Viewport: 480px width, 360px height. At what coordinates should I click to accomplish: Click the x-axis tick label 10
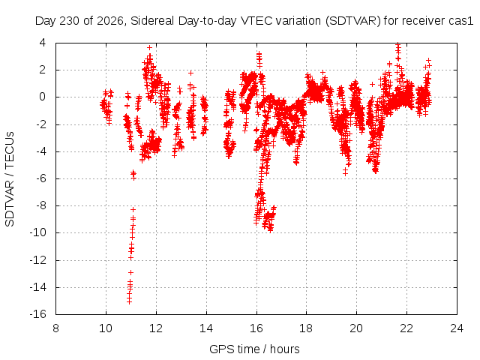tap(106, 328)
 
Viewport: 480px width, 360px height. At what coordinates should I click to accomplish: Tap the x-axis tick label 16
tap(256, 328)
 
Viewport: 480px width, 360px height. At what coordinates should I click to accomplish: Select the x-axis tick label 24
tap(457, 328)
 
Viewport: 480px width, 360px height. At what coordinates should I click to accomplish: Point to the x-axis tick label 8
tap(55, 328)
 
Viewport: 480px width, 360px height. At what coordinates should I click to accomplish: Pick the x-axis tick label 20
tap(357, 328)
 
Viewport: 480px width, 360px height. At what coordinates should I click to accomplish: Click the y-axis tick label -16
tap(37, 314)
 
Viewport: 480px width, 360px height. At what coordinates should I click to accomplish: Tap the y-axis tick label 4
tap(43, 43)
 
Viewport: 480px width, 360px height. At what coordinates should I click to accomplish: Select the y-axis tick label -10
tap(37, 232)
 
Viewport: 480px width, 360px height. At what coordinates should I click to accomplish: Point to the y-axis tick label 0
tap(43, 97)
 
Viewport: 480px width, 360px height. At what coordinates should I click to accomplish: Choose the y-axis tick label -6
tap(40, 178)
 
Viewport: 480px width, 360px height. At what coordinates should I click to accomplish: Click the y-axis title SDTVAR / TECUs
tap(10, 179)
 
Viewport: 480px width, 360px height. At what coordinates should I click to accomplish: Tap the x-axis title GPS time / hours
tap(254, 349)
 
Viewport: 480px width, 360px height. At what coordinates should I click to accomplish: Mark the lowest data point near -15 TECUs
tap(129, 302)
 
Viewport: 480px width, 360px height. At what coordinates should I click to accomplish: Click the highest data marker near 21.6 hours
tap(397, 44)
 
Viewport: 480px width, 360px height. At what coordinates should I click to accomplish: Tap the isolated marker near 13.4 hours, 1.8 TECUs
tap(190, 73)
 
